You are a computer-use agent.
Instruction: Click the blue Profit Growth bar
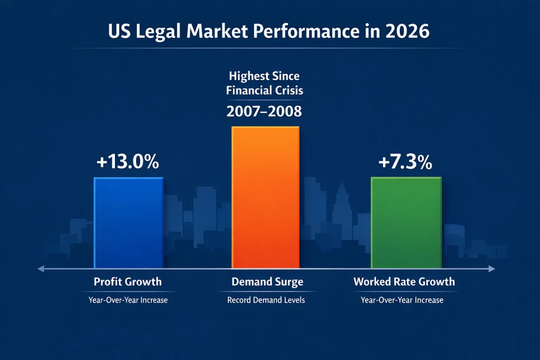[128, 222]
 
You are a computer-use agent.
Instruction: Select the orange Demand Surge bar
[265, 198]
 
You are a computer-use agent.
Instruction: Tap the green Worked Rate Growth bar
[406, 222]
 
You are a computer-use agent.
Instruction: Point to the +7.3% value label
[405, 162]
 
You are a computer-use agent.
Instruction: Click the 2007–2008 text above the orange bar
[265, 111]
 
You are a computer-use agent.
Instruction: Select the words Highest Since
[265, 77]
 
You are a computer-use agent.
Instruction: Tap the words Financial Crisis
[265, 90]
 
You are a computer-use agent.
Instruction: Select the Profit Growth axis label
[128, 282]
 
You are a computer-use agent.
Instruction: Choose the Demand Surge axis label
[267, 282]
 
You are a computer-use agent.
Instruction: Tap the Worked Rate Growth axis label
[404, 282]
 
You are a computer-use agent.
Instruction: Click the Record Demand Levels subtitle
[266, 300]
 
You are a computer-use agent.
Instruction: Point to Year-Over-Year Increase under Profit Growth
[128, 300]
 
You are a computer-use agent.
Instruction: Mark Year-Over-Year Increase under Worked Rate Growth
[402, 300]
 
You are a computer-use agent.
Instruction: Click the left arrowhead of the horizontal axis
[39, 269]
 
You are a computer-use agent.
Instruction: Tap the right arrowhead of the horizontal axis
[493, 269]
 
